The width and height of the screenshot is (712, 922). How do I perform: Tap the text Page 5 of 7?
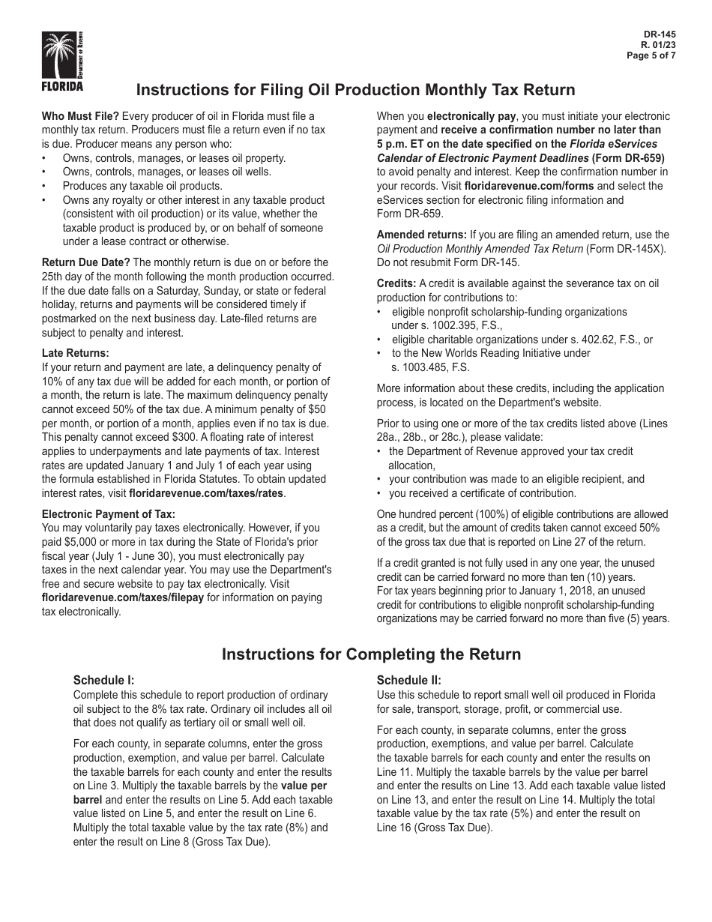[652, 55]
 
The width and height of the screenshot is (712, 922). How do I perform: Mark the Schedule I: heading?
[103, 681]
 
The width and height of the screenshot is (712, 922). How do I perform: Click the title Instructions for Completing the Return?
[371, 654]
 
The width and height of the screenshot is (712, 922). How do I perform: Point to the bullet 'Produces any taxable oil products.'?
[142, 186]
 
